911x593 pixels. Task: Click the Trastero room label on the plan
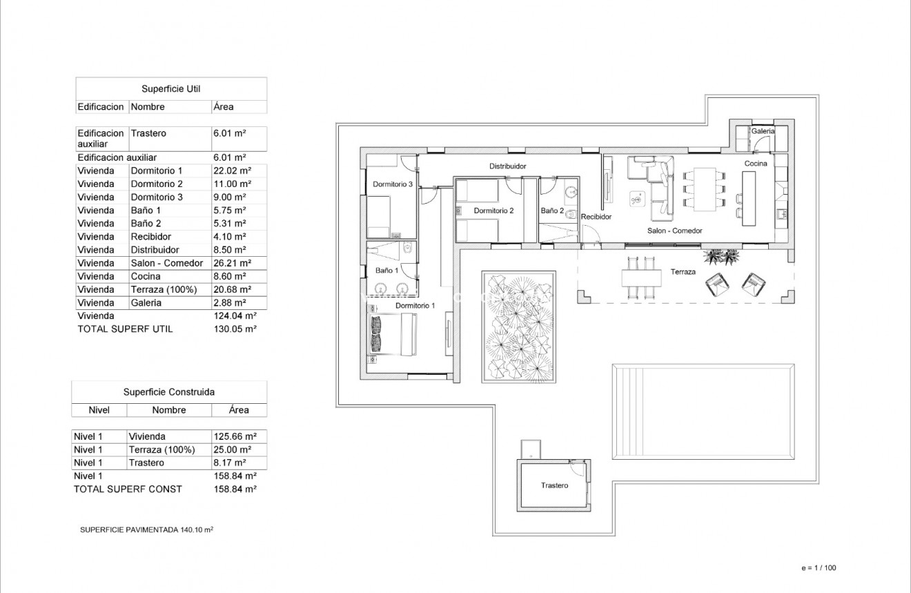tap(554, 486)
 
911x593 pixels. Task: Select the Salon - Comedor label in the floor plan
tap(674, 231)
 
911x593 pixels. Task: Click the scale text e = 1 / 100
tap(819, 568)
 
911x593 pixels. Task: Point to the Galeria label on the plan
tap(763, 130)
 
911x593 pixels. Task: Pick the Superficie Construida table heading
tap(168, 391)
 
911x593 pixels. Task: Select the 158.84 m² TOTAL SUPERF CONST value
tap(235, 489)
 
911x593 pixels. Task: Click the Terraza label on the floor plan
tap(683, 272)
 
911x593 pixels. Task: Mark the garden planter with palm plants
tap(518, 326)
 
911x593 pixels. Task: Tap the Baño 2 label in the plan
tap(552, 211)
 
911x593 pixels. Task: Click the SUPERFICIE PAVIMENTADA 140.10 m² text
tap(146, 530)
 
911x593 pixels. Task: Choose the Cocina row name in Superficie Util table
tap(145, 276)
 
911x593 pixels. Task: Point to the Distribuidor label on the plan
tap(508, 166)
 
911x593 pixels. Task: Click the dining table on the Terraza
tap(640, 278)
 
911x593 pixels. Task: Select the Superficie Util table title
tap(170, 88)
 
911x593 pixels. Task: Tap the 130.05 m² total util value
tap(235, 329)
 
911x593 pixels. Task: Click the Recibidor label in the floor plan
tap(596, 217)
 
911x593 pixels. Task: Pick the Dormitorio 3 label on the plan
tap(392, 184)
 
